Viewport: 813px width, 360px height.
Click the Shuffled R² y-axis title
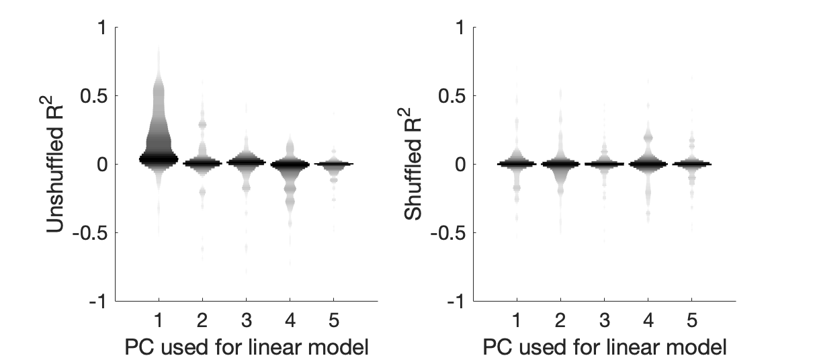[414, 165]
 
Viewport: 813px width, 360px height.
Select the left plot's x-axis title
[247, 347]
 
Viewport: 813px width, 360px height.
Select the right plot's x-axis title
[604, 347]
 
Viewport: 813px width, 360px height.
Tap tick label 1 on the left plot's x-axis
[159, 318]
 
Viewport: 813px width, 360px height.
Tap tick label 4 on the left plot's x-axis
[290, 318]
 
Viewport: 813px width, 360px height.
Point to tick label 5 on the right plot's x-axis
[692, 318]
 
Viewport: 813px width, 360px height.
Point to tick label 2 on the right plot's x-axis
[560, 318]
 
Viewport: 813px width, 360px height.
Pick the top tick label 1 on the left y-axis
[101, 28]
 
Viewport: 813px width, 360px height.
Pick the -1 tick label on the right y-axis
[454, 302]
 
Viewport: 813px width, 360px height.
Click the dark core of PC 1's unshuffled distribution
[159, 159]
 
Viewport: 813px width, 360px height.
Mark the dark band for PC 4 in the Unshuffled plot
[290, 164]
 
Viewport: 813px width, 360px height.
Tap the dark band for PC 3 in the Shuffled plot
[604, 164]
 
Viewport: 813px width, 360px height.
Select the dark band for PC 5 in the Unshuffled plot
[335, 163]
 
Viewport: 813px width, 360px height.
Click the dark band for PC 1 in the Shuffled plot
[516, 163]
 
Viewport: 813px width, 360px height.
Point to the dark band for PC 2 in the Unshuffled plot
[202, 163]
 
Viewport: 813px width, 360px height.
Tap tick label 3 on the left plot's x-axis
[247, 318]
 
